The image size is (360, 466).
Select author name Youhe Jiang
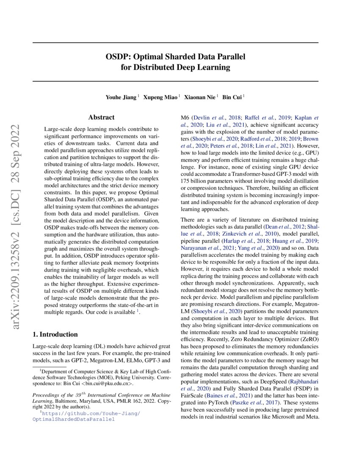(x=121, y=97)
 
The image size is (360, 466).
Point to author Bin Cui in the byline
(x=233, y=97)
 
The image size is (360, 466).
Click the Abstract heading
(x=101, y=117)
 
